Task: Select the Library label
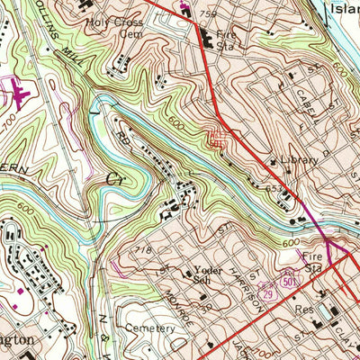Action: [x=299, y=160]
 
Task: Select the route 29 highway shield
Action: [x=266, y=294]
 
